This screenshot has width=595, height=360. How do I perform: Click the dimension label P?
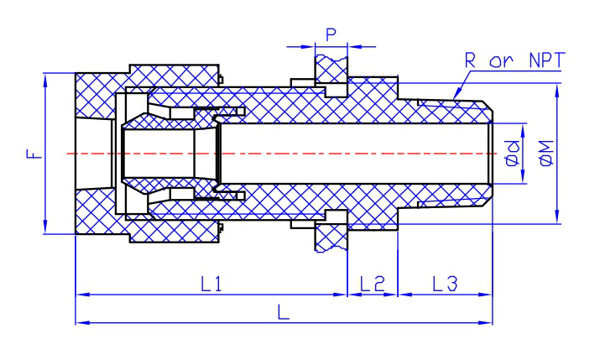(x=331, y=34)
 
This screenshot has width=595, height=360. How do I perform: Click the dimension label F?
(x=34, y=154)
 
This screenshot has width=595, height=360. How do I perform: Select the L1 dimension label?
(x=211, y=284)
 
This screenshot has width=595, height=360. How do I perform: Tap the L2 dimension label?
(x=373, y=284)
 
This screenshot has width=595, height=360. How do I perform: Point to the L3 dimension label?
(x=445, y=284)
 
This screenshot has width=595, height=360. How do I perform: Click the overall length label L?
(x=284, y=312)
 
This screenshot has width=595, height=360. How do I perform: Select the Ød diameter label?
(x=513, y=154)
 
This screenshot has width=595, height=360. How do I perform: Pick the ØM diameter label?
(x=546, y=154)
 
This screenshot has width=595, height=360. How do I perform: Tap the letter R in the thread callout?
(x=470, y=60)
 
